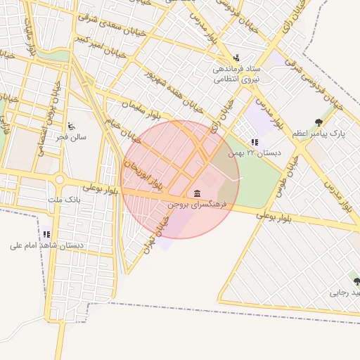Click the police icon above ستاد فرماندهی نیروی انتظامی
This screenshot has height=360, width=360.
tap(237, 58)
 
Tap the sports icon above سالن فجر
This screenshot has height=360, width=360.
tap(70, 126)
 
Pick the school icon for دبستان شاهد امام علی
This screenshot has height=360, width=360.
tap(46, 234)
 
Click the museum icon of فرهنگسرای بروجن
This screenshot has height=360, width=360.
tap(196, 193)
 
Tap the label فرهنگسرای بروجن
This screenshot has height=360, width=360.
tap(195, 204)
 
